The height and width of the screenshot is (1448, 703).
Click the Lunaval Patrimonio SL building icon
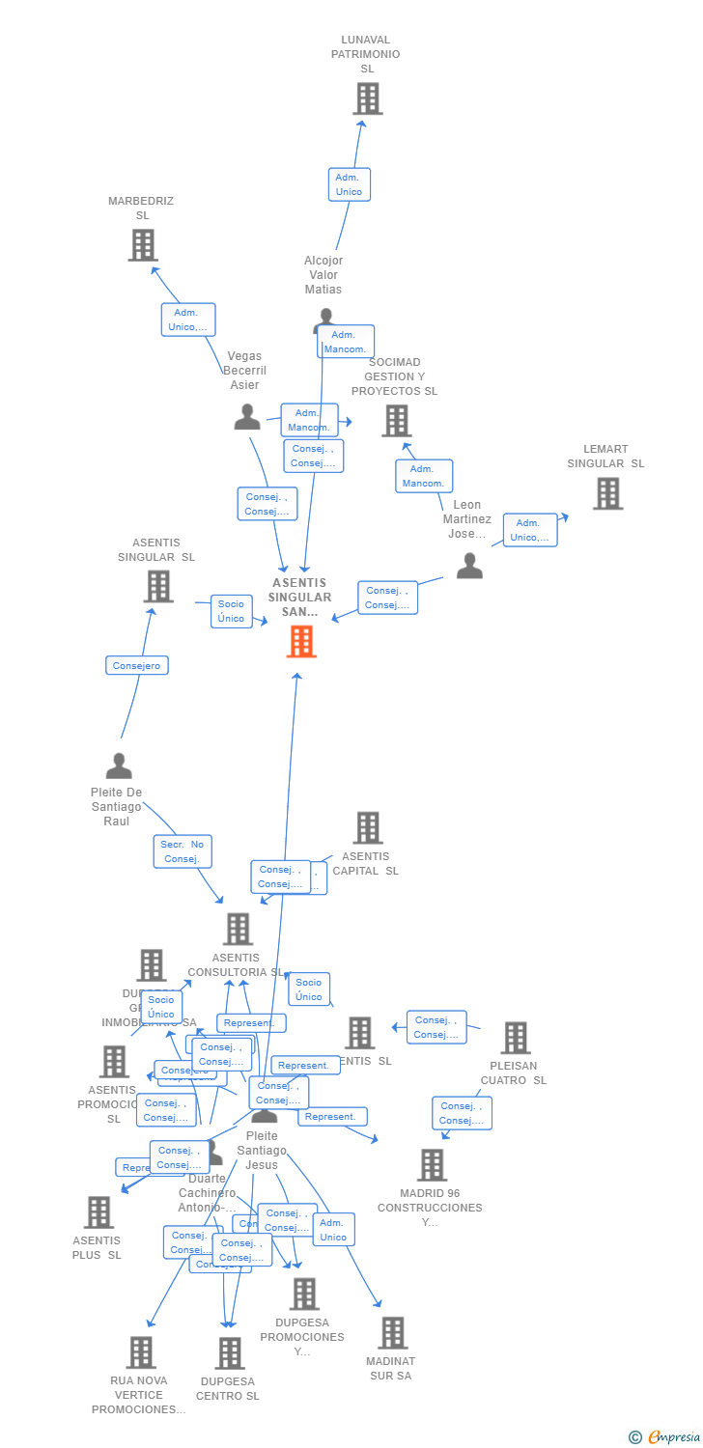click(x=367, y=98)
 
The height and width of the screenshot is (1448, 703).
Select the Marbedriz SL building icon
click(x=143, y=245)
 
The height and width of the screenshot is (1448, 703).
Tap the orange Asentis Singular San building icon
click(x=301, y=641)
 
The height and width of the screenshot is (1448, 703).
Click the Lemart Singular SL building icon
click(x=607, y=493)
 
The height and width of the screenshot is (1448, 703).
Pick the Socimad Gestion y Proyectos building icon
click(x=396, y=421)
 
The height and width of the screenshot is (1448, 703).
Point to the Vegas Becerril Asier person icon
click(x=247, y=417)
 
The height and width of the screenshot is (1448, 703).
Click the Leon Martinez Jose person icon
click(x=469, y=566)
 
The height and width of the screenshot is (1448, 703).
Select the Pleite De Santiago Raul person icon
click(x=119, y=766)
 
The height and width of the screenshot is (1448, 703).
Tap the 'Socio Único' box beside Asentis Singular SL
click(x=231, y=611)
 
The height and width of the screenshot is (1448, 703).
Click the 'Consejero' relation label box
click(x=137, y=665)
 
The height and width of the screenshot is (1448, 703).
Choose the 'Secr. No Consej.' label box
click(x=182, y=851)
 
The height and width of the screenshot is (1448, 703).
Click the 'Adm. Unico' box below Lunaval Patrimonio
click(x=349, y=184)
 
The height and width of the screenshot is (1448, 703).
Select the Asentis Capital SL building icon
click(x=367, y=827)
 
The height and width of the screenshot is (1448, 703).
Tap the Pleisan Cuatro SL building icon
click(x=516, y=1038)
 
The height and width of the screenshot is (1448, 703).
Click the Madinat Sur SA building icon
click(x=392, y=1333)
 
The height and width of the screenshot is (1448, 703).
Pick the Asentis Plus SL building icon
click(x=98, y=1212)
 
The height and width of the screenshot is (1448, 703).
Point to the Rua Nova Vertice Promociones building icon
click(x=141, y=1352)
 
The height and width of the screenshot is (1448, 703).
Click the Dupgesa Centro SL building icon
click(x=230, y=1353)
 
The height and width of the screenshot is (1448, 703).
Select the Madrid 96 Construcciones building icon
click(x=432, y=1165)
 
